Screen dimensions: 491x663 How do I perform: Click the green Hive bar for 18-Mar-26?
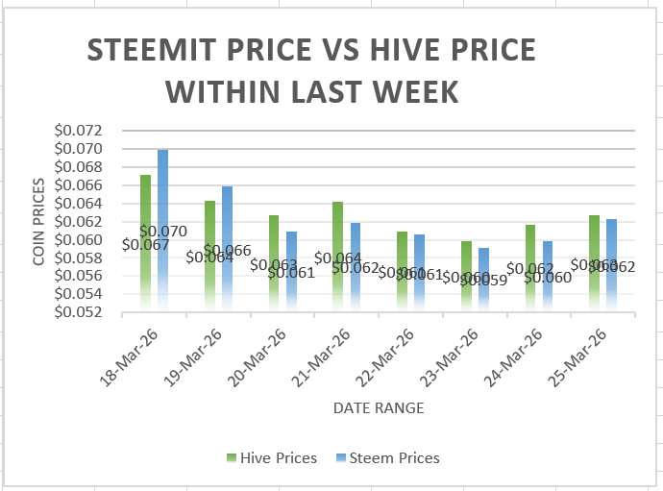coord(145,240)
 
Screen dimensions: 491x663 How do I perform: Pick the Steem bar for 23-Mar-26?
coord(484,279)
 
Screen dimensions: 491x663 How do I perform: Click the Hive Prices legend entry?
coord(272,458)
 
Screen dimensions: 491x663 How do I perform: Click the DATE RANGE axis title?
coord(379,408)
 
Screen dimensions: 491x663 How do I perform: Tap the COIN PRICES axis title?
coord(38,221)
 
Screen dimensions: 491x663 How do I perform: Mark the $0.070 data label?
coord(163,232)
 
